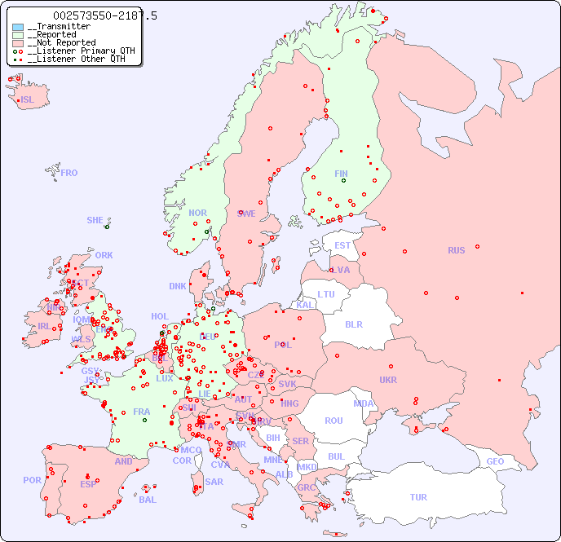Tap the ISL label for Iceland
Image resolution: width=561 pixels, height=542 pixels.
(x=28, y=100)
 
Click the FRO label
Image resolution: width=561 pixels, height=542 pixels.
(x=69, y=173)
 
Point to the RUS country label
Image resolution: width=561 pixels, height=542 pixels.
(x=456, y=250)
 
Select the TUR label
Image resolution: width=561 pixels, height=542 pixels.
(x=418, y=497)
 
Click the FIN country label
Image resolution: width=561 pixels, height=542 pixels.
(x=341, y=174)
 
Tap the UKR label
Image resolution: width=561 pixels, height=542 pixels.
(x=388, y=380)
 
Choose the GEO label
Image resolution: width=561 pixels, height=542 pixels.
(x=495, y=461)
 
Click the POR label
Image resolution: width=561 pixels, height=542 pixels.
(x=32, y=480)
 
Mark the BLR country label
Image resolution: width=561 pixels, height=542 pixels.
(x=354, y=324)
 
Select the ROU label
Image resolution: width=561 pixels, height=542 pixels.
(x=334, y=421)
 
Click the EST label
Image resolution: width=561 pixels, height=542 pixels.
(x=342, y=245)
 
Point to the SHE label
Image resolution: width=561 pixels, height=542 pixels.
(x=95, y=220)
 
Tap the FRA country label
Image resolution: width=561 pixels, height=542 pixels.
(x=142, y=412)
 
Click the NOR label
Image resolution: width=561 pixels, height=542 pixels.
(x=197, y=213)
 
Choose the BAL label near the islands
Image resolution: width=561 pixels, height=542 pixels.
(x=148, y=500)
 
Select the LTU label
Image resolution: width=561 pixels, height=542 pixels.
(x=326, y=294)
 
